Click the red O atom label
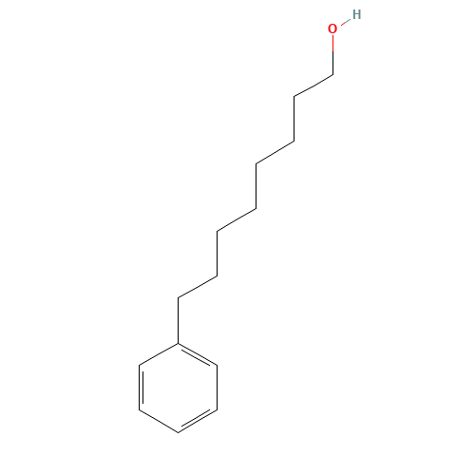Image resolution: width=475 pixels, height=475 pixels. point(332,28)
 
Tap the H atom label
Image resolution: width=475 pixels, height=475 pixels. point(356,14)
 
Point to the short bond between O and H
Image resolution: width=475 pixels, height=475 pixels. point(346,22)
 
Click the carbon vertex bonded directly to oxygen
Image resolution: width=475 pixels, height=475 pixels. point(332,75)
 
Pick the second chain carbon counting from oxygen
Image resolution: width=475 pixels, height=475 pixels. point(294,97)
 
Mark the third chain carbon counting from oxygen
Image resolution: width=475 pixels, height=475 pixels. point(294,142)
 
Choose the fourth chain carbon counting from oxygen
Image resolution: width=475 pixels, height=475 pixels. point(256,164)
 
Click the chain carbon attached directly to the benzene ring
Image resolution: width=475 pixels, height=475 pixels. point(179,298)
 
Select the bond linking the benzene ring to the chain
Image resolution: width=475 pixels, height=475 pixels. point(179,320)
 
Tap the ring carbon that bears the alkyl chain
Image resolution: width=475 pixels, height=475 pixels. point(179,343)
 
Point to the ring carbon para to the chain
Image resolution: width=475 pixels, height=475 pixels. point(179,432)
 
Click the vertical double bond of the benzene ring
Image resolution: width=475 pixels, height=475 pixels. point(141,388)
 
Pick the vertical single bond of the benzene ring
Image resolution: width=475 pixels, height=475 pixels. point(217,388)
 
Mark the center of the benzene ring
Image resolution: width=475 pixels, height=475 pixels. point(179,388)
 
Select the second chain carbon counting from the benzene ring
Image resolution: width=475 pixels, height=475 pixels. point(217,276)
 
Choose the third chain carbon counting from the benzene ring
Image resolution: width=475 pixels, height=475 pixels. point(217,231)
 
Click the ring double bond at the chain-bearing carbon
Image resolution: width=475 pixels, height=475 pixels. point(197,355)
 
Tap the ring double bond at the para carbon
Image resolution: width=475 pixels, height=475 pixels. point(197,420)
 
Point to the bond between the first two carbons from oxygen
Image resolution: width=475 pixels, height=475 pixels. point(313,85)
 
